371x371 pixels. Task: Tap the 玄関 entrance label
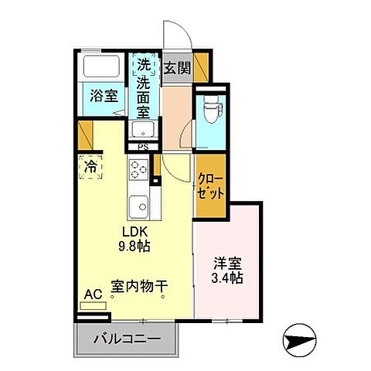click(177, 68)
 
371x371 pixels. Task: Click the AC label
click(93, 294)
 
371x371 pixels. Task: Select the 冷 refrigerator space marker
click(91, 166)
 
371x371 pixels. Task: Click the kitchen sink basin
click(139, 206)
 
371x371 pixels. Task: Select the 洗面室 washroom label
click(144, 91)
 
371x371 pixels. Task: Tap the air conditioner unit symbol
click(94, 306)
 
